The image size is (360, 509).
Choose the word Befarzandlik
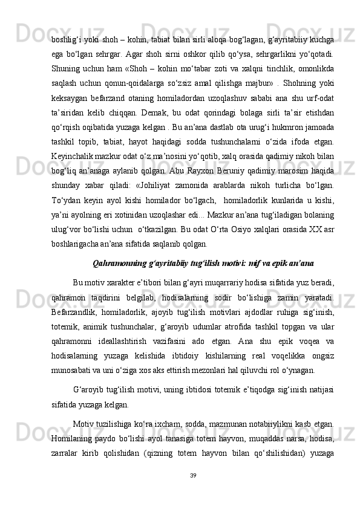click(76, 297)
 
